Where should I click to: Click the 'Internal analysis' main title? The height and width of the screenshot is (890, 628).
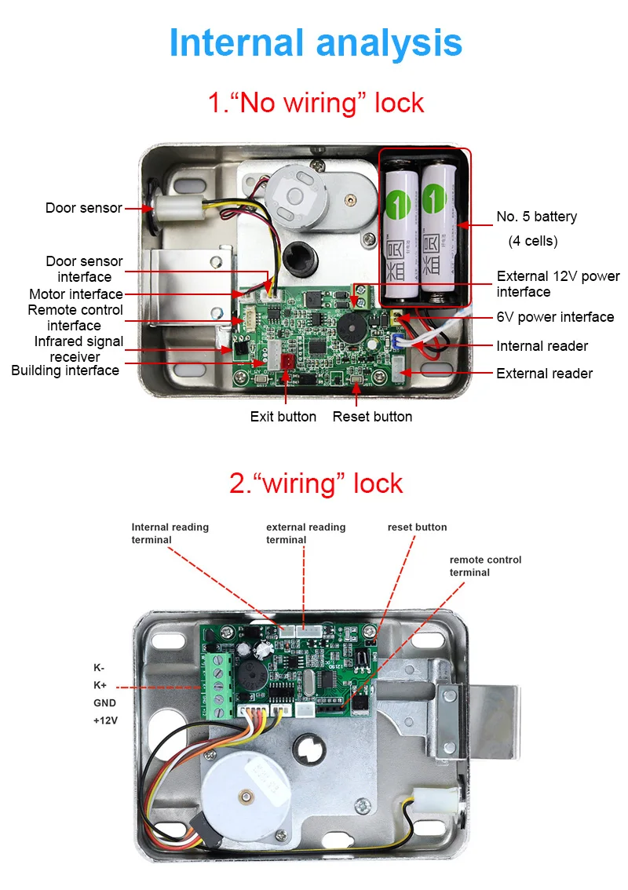(316, 42)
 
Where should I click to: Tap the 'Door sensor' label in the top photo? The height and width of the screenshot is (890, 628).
(83, 208)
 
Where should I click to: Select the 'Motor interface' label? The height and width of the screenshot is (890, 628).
(76, 294)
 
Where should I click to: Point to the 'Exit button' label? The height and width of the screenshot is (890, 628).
(283, 417)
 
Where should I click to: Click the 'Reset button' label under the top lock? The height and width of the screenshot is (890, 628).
(373, 417)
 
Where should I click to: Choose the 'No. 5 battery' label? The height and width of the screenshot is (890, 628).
(537, 217)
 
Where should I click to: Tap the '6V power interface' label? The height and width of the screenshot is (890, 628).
(555, 317)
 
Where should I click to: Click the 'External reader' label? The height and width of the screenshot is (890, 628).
(545, 374)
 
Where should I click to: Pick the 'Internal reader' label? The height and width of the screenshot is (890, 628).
(542, 346)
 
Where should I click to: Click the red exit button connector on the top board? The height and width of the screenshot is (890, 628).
(287, 362)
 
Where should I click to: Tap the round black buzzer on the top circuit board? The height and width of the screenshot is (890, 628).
(352, 327)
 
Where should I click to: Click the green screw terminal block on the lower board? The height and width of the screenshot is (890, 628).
(217, 686)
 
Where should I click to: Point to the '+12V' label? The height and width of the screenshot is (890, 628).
(105, 720)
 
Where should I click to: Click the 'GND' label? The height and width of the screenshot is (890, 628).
(104, 702)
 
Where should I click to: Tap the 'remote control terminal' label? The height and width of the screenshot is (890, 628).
(485, 566)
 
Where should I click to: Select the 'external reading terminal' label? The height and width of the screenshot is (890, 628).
(305, 534)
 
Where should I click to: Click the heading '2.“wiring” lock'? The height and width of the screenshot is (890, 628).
(316, 484)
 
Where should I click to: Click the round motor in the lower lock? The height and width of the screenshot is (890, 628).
(246, 795)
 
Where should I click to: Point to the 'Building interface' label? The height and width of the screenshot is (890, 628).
(65, 370)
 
